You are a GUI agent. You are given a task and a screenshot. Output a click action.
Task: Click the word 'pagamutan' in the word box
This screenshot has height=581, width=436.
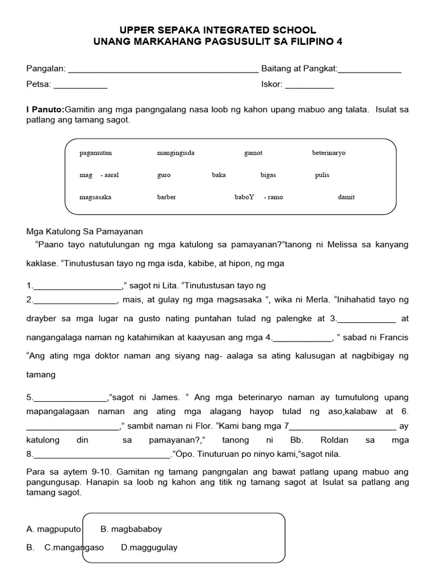point(96,153)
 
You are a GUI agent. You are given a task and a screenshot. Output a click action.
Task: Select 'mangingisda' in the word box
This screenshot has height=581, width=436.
point(175,153)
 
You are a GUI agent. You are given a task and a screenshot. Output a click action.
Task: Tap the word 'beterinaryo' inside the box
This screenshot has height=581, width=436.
point(329,153)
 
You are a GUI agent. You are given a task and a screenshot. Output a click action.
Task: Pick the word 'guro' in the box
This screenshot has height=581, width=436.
point(163,175)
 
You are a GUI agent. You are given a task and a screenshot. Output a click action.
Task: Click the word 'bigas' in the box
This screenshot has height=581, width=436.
point(268,175)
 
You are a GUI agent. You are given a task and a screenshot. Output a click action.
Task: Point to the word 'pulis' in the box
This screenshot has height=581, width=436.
point(322,175)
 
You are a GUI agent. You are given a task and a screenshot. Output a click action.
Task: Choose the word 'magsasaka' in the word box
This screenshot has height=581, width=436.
point(95,197)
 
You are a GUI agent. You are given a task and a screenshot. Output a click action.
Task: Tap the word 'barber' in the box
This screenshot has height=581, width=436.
point(166,197)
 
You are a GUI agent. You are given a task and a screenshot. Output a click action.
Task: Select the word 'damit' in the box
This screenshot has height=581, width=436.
point(346,197)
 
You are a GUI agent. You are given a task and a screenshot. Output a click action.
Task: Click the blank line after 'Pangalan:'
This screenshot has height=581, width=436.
point(163,71)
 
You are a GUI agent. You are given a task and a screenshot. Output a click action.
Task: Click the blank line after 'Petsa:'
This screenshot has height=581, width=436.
point(80,87)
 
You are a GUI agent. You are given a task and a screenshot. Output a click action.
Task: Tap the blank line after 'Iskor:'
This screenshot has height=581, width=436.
point(309,87)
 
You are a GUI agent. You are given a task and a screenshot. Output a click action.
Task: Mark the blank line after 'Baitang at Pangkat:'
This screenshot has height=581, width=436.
point(370,71)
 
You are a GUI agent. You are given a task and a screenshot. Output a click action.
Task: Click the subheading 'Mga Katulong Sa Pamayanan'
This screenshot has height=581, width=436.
point(85,231)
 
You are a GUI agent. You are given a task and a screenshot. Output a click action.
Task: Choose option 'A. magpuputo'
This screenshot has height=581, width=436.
point(54,529)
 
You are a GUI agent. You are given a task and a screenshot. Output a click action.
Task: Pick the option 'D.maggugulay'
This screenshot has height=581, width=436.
point(149,548)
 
